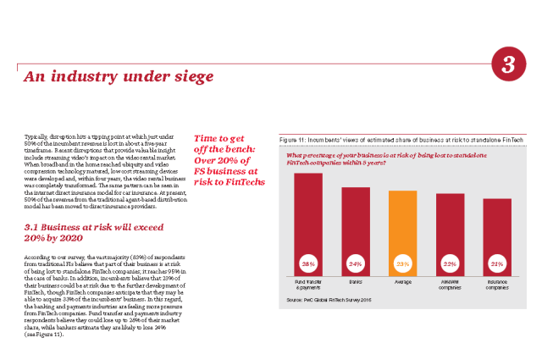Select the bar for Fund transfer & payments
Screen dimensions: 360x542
pyautogui.click(x=308, y=212)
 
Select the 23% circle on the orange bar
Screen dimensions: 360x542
pyautogui.click(x=402, y=264)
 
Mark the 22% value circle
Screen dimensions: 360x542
pyautogui.click(x=450, y=264)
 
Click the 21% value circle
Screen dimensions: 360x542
pyautogui.click(x=497, y=264)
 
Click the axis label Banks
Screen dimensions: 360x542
pyautogui.click(x=356, y=280)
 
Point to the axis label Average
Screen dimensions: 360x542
pyautogui.click(x=402, y=280)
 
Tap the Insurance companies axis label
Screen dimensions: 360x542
pyautogui.click(x=497, y=283)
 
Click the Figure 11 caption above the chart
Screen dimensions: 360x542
pyautogui.click(x=401, y=139)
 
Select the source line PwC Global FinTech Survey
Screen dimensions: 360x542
pyautogui.click(x=330, y=300)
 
